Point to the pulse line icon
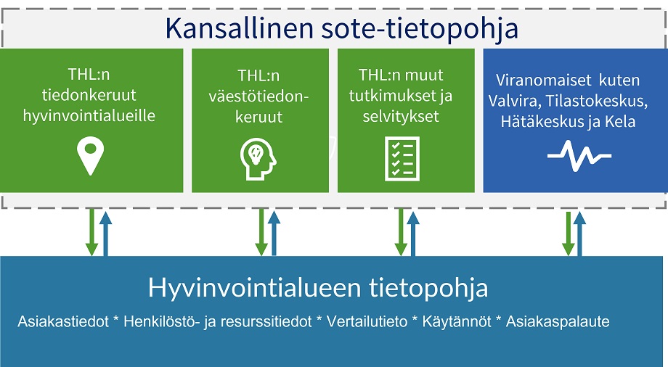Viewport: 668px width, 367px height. click(579, 154)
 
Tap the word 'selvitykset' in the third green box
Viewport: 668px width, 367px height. click(402, 115)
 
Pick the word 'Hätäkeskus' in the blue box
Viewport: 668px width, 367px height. click(536, 121)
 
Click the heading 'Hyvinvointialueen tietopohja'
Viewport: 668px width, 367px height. click(318, 288)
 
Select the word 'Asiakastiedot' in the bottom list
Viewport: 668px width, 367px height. click(56, 321)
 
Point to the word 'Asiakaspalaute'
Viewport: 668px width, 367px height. click(558, 321)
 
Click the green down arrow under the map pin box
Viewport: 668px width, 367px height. click(91, 232)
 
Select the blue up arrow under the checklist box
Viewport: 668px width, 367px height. click(413, 232)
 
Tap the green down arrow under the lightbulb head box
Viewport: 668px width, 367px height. click(261, 232)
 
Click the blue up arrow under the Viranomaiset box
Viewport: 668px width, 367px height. click(579, 232)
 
